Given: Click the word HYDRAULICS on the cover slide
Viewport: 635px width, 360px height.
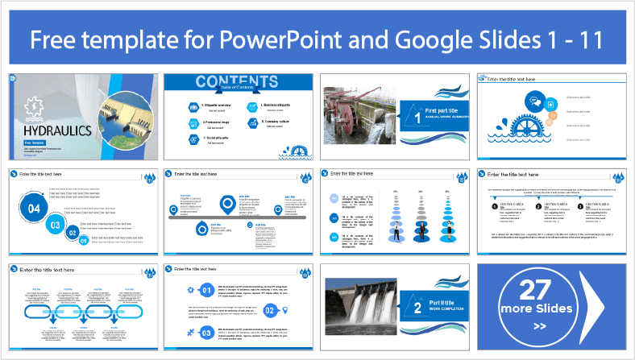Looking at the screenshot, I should pos(52,130).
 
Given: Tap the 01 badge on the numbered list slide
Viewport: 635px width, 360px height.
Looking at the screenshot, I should pos(207,290).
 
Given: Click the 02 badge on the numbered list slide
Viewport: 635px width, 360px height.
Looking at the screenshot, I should pos(270,311).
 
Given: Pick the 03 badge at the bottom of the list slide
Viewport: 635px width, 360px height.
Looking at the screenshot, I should pos(207,332).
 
